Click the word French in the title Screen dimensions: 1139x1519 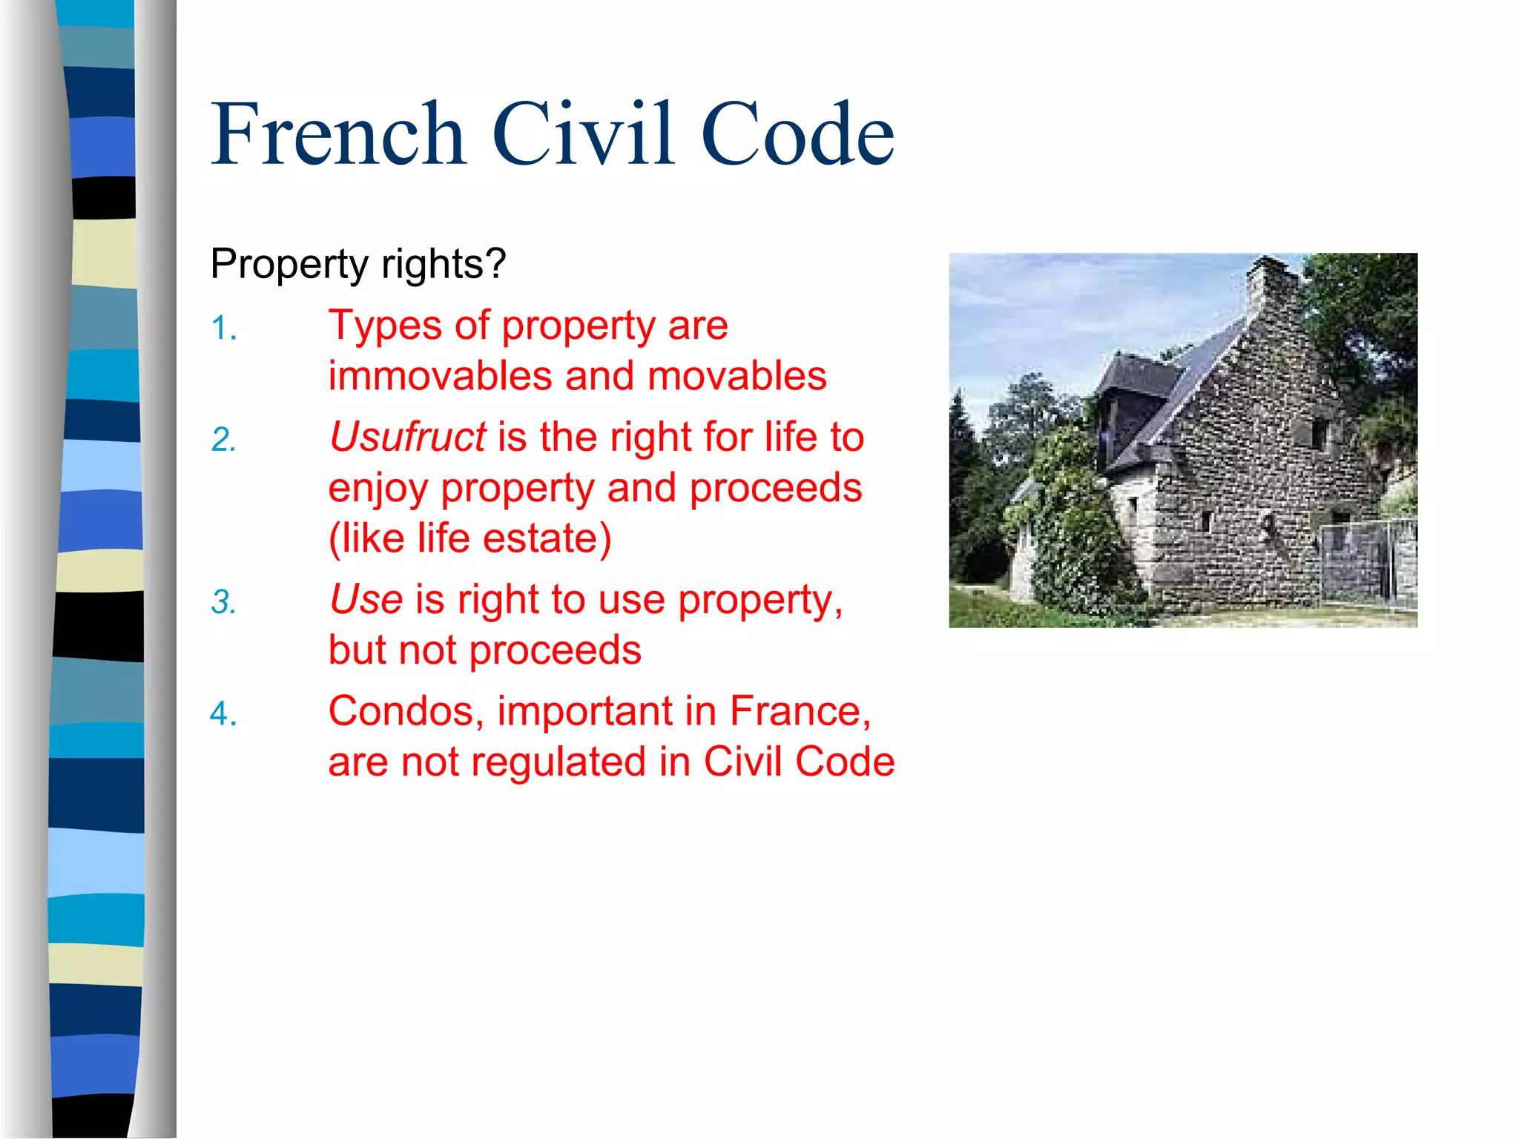(x=338, y=134)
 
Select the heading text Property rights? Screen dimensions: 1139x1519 (x=358, y=264)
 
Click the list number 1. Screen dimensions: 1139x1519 (x=223, y=328)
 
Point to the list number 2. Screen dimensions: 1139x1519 (x=223, y=440)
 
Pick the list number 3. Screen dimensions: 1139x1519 (x=223, y=602)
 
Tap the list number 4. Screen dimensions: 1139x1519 (x=223, y=714)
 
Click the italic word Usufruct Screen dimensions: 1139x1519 (x=408, y=437)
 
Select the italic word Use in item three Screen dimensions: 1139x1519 (x=366, y=599)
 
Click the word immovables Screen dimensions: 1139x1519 (x=440, y=376)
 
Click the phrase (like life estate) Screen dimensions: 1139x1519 (x=470, y=538)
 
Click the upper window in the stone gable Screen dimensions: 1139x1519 (x=1318, y=433)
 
